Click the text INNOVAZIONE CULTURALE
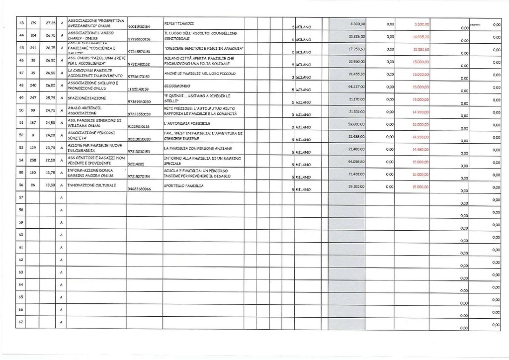(92, 185)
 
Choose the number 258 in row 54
(34, 160)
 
